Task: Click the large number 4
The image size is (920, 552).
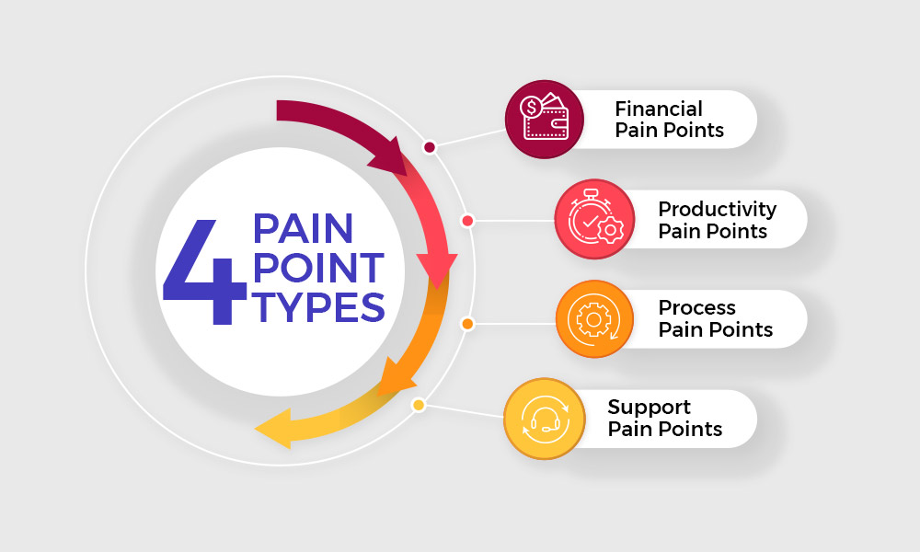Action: tap(204, 271)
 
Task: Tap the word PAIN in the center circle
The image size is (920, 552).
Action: tap(303, 228)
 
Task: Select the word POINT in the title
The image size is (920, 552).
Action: tap(318, 268)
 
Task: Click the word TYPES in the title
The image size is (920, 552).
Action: tap(318, 307)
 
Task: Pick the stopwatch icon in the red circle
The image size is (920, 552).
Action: tap(595, 217)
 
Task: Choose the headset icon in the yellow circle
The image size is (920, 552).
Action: tap(545, 418)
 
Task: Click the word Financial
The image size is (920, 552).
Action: tap(659, 109)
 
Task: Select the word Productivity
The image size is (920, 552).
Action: tap(717, 210)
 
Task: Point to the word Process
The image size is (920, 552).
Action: tap(696, 308)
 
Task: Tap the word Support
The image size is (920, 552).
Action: tap(649, 408)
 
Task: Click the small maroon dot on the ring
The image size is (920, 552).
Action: tap(430, 147)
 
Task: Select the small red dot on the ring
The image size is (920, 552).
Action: tap(467, 221)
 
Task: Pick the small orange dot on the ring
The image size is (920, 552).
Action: tap(467, 324)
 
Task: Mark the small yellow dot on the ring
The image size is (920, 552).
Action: tap(419, 405)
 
